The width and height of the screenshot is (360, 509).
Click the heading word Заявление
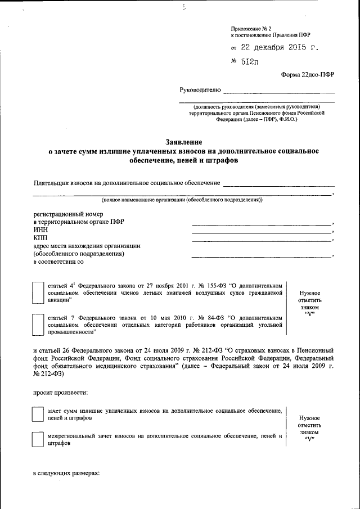pos(183,142)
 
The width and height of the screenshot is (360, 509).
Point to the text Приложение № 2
pos(251,28)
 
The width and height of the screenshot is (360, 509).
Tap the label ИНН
pos(40,229)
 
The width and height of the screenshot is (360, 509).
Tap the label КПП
pos(41,238)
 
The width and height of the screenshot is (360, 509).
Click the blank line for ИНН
pos(262,231)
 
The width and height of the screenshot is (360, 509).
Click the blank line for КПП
pos(262,240)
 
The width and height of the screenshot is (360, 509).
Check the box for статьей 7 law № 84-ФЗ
pos(38,325)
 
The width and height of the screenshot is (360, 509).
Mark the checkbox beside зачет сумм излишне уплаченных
pos(38,415)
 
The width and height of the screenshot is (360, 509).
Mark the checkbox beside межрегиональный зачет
pos(38,439)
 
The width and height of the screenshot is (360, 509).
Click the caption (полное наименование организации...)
pos(182,200)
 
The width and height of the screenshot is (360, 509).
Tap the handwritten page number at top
pos(183,7)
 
